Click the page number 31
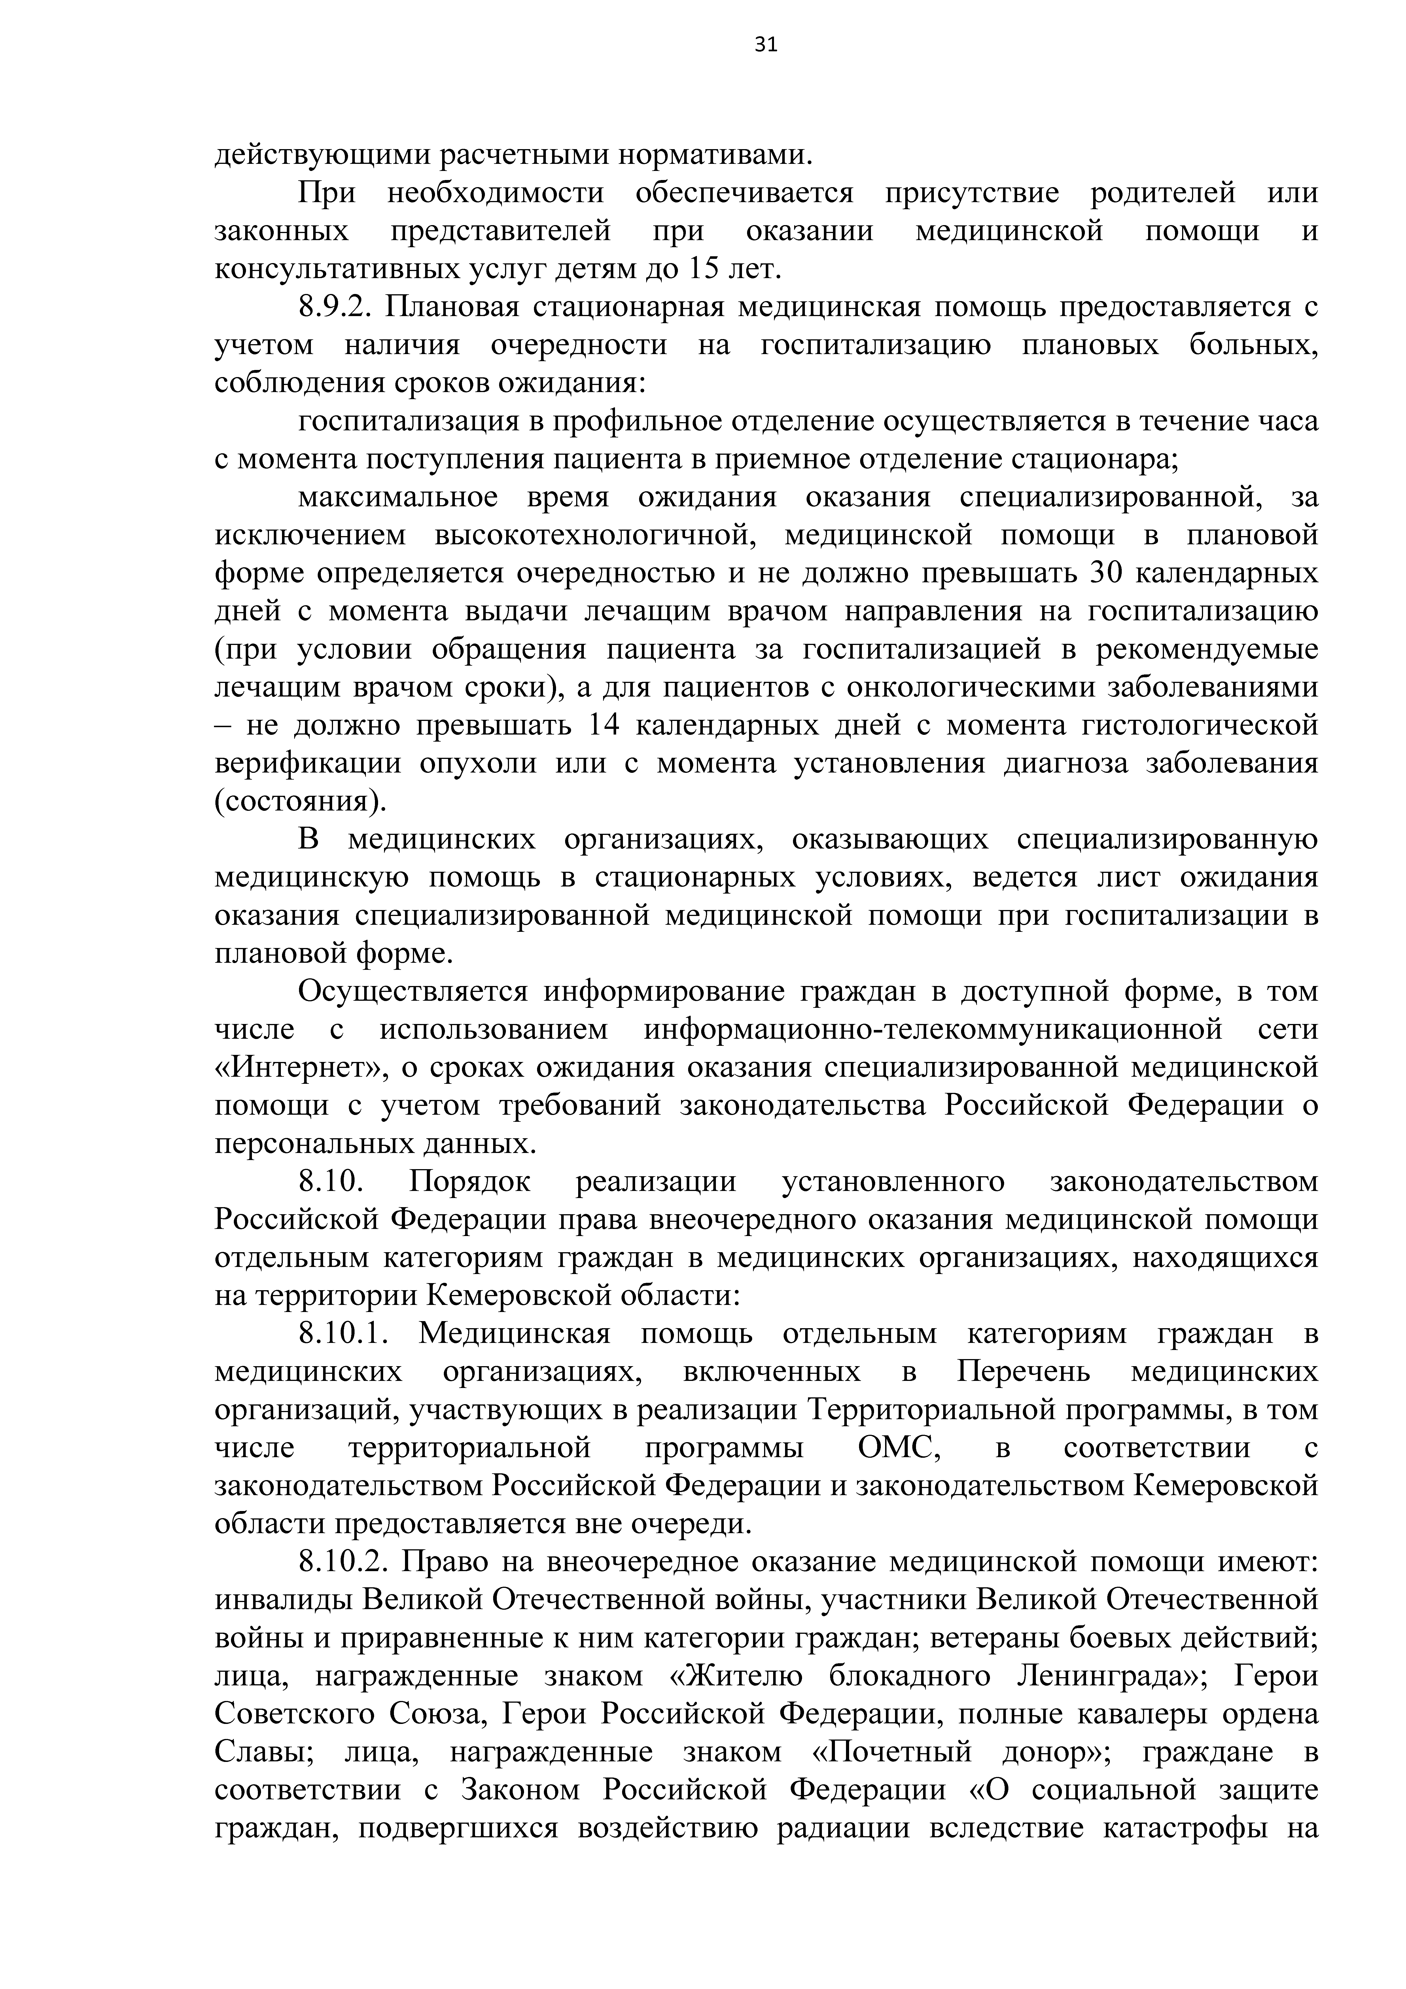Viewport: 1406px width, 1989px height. [x=766, y=45]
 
